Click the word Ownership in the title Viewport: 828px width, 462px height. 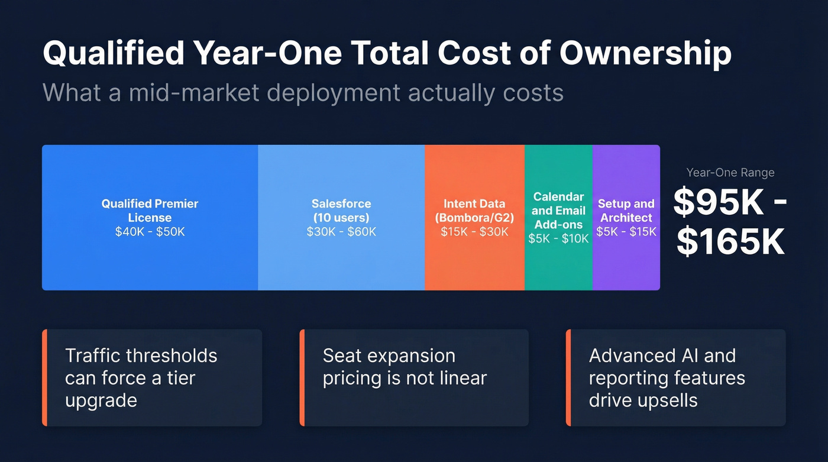tap(645, 53)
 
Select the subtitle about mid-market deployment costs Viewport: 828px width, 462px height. tap(303, 93)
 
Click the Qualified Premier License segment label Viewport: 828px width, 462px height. tap(150, 211)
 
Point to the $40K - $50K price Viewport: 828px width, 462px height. tap(150, 232)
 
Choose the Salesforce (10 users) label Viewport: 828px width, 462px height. tap(341, 211)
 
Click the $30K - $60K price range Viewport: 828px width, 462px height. tap(341, 232)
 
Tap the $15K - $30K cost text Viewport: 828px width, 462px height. tap(474, 232)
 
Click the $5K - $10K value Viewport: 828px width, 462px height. tap(558, 239)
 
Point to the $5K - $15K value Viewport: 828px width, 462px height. tap(626, 232)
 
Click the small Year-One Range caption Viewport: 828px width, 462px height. tap(730, 173)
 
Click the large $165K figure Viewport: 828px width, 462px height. tap(730, 242)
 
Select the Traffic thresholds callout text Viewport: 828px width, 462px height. tap(141, 378)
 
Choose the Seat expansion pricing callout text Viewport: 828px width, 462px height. tap(405, 367)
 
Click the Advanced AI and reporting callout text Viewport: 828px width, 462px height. tap(667, 378)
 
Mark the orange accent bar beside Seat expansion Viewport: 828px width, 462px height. tap(302, 378)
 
